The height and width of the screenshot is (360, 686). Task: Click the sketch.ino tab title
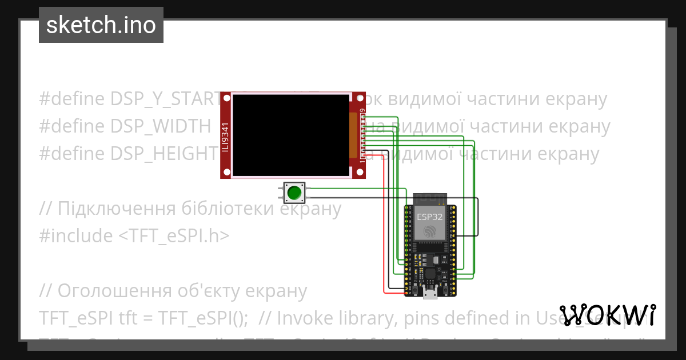(101, 25)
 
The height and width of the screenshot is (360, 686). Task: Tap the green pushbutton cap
(294, 193)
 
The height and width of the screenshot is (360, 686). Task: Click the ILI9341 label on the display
(225, 137)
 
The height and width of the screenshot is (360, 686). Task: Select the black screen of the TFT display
(291, 135)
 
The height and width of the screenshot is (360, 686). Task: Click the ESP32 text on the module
(429, 217)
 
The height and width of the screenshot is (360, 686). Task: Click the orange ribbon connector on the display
(353, 135)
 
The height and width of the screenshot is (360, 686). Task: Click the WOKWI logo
(608, 315)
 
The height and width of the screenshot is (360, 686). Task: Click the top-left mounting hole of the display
(226, 98)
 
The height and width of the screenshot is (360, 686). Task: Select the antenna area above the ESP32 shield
(429, 198)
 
